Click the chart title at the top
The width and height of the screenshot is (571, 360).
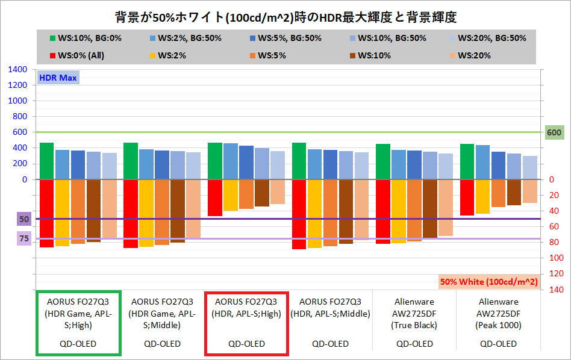pos(285,14)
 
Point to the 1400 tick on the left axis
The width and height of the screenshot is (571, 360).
pos(18,70)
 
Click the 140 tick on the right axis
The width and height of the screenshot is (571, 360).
pos(557,290)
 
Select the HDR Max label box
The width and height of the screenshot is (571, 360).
pos(58,77)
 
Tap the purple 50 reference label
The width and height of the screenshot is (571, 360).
pos(24,219)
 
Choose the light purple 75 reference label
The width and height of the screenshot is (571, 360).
pos(24,239)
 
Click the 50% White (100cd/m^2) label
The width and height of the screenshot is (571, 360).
pos(488,281)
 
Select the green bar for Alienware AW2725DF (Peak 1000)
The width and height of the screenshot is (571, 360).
pos(467,161)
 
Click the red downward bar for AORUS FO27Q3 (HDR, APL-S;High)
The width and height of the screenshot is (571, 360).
pos(215,197)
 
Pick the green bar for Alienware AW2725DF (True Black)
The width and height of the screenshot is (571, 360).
pos(383,161)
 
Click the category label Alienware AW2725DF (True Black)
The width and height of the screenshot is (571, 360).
pos(414,313)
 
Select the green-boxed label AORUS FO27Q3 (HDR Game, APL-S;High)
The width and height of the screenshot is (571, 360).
pos(78,313)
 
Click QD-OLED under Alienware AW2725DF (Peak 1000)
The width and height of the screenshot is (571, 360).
pos(498,344)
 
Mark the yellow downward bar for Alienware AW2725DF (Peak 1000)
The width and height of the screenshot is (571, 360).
pos(482,197)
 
